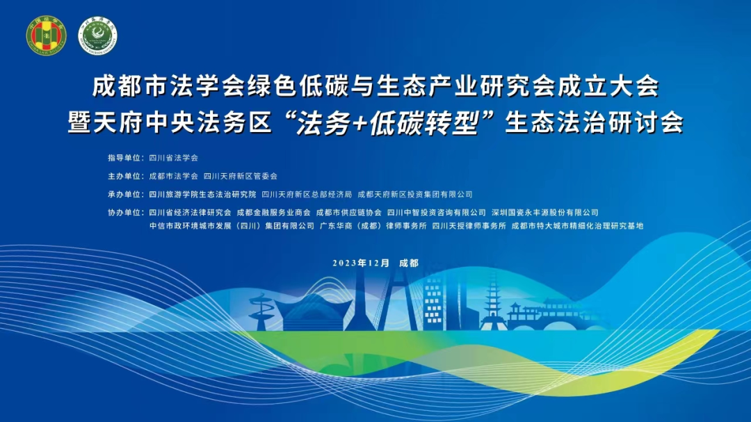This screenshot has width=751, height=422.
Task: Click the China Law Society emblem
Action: [46, 35]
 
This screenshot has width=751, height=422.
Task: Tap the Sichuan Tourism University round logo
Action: [97, 35]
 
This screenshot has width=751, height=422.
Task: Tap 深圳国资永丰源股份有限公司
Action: [544, 212]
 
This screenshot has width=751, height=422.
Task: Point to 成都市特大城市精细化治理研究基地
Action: [577, 225]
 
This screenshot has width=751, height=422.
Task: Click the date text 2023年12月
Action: [361, 263]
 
